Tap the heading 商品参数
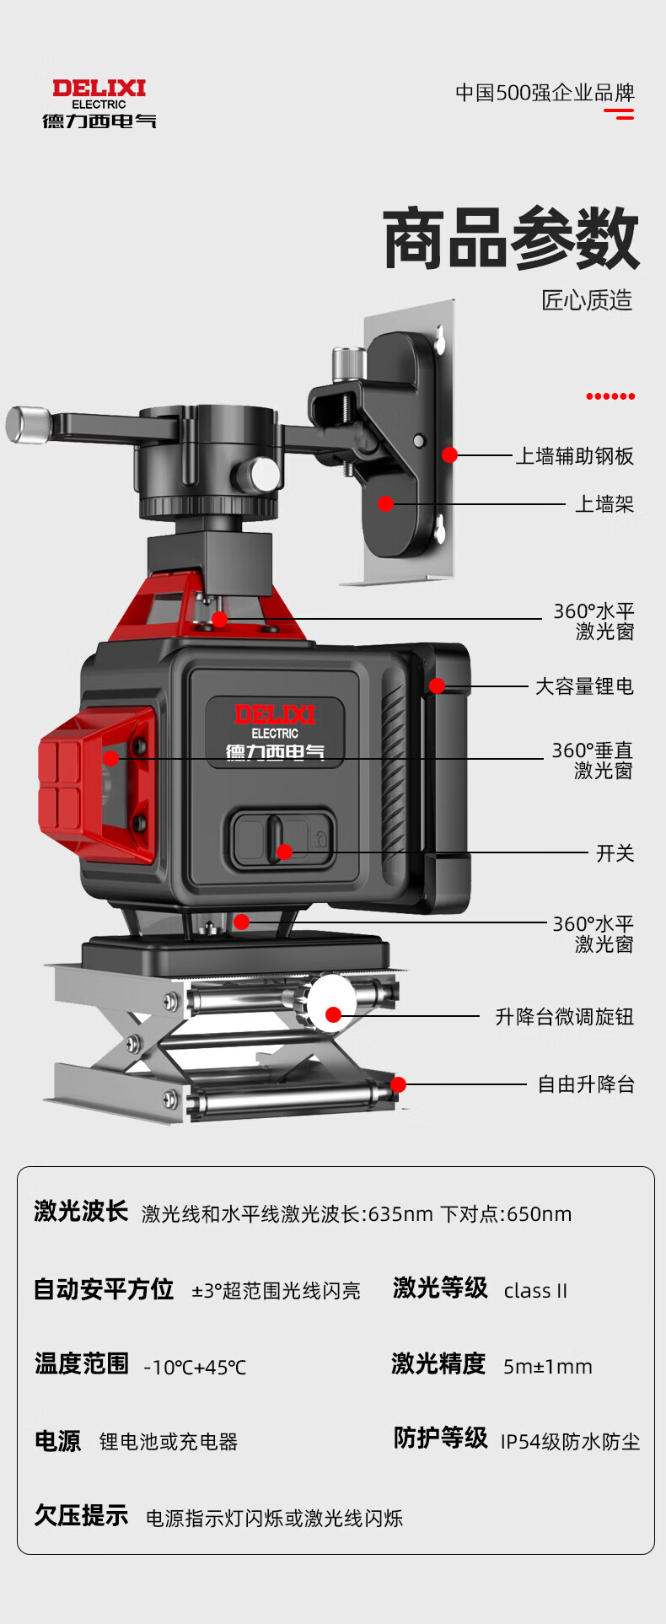pos(511,239)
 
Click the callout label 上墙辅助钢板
pos(574,456)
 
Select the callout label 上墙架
pos(604,504)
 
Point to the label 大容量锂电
pos(584,686)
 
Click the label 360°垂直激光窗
pos(592,760)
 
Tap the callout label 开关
pos(615,853)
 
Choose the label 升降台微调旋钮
pos(564,1017)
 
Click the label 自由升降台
pos(586,1084)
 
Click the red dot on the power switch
pos(285,852)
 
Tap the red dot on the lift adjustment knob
pos(333,1014)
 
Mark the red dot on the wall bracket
pos(385,503)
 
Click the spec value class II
pos(535,1291)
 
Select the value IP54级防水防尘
pos(570,1442)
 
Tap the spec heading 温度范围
pos(82,1363)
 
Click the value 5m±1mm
pos(547,1367)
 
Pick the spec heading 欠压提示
pos(81,1515)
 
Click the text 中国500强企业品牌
pos(545,93)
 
